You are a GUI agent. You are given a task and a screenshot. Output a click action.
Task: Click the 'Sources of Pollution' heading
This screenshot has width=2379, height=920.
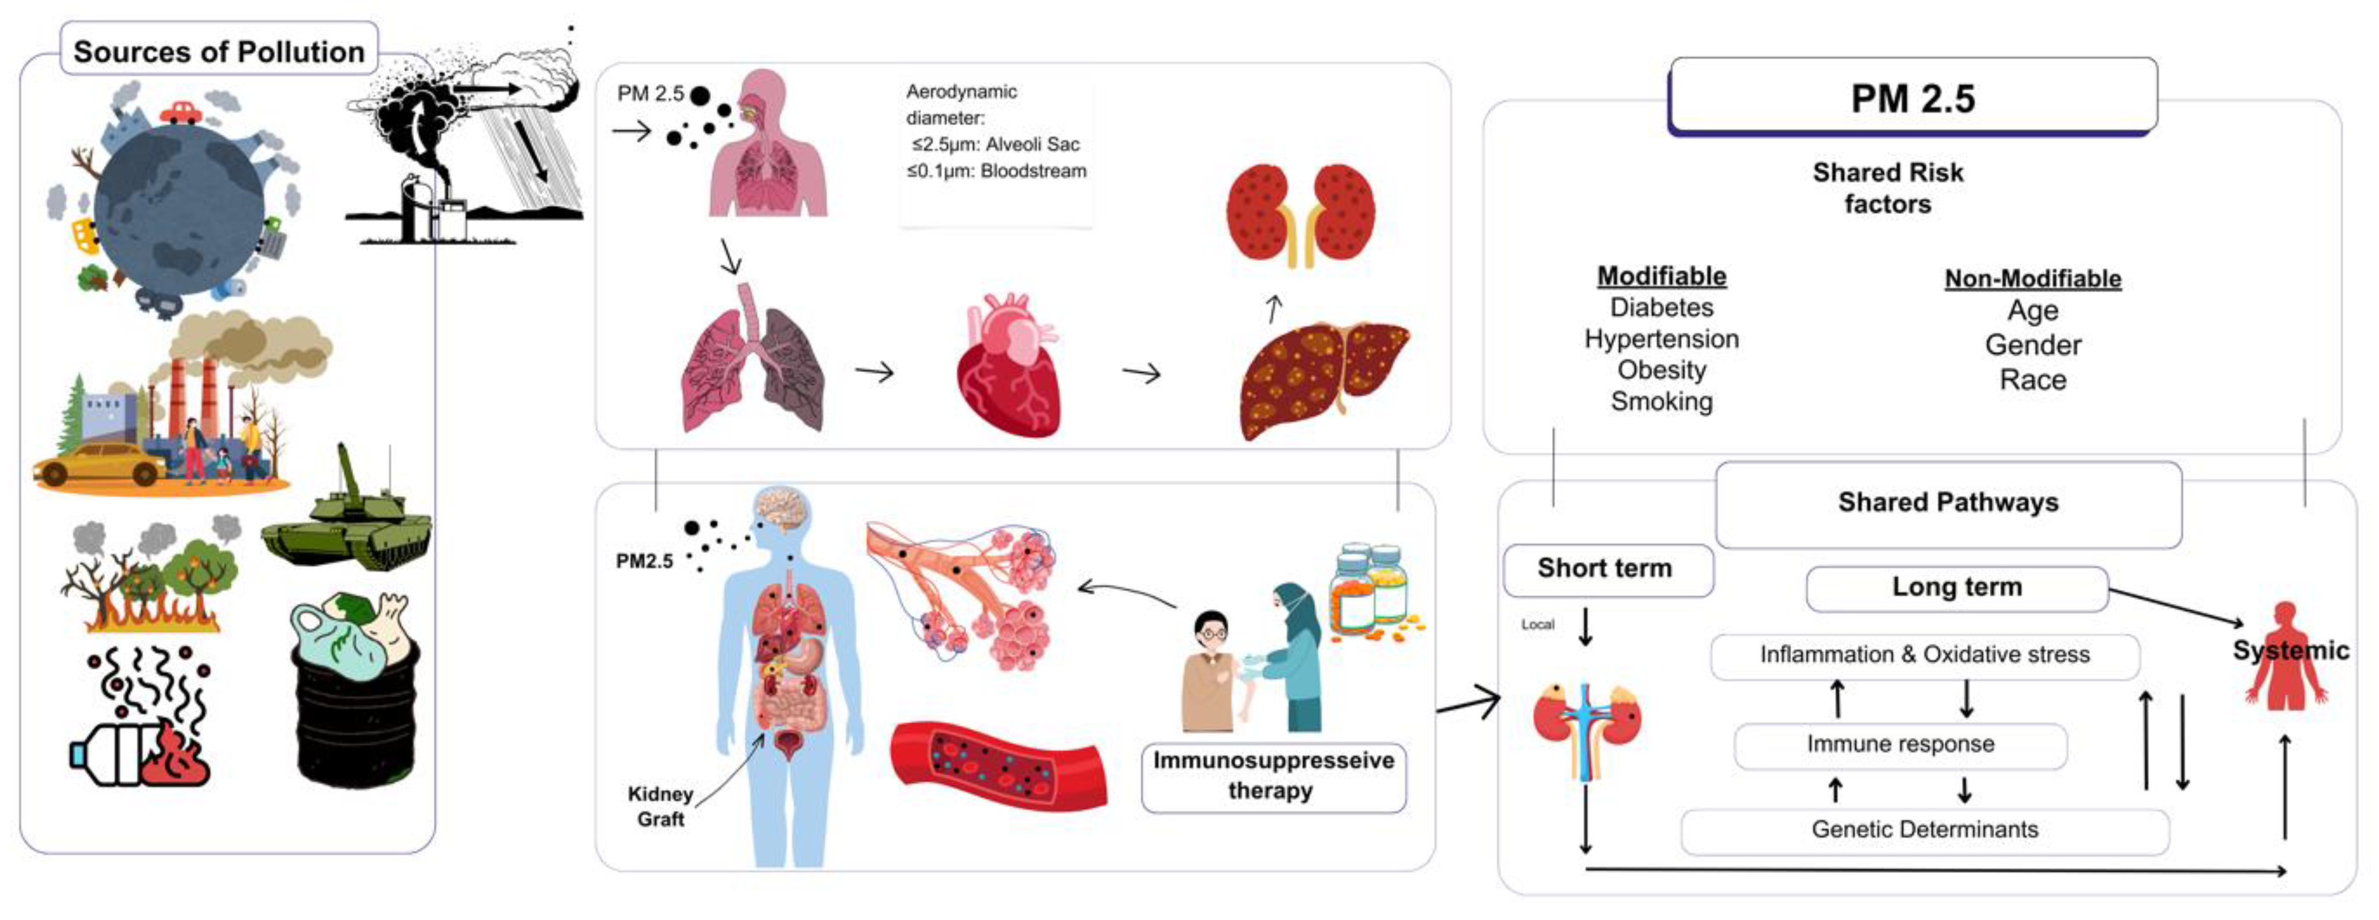219,51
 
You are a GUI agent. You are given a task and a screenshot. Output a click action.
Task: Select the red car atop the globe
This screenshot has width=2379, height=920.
181,113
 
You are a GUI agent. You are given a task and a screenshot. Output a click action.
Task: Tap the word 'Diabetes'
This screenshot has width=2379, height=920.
1661,308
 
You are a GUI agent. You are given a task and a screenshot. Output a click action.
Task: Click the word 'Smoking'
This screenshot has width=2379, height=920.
1661,402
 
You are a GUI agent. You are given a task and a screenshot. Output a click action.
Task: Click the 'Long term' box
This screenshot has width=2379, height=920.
1956,587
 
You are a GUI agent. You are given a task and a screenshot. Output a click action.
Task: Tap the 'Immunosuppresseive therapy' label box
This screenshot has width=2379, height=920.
1273,776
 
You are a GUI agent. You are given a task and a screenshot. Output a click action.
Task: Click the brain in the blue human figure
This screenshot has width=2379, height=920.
782,510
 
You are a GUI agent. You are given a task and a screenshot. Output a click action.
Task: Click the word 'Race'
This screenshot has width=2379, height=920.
2033,380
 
